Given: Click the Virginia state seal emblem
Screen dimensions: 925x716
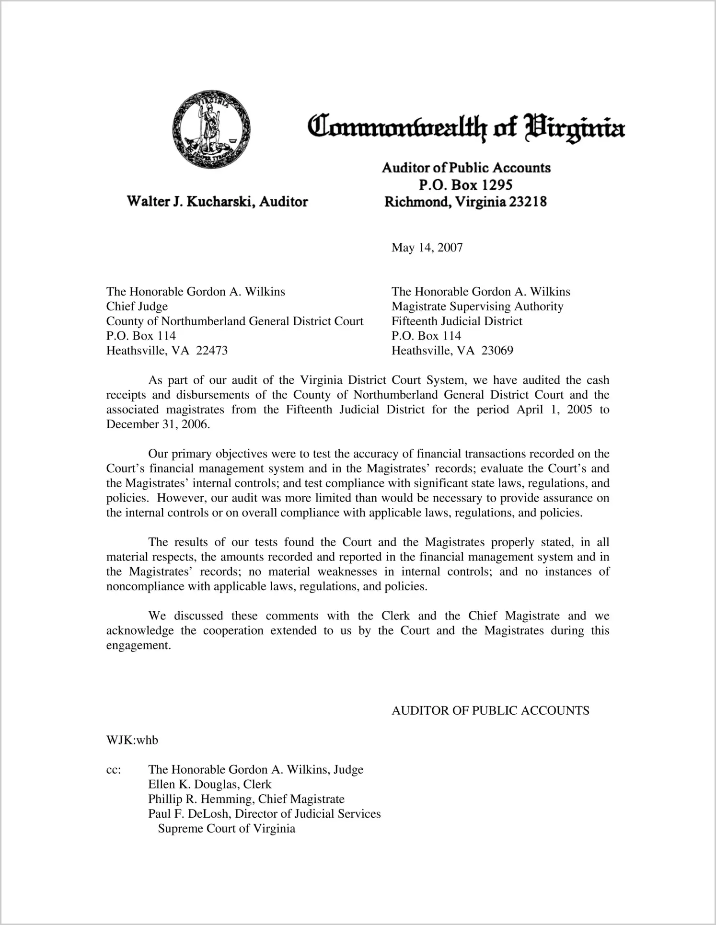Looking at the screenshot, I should click(x=211, y=128).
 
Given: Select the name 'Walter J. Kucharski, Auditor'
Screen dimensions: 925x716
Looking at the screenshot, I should click(x=217, y=202).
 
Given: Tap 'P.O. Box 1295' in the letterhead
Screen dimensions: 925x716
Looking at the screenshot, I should click(x=465, y=185).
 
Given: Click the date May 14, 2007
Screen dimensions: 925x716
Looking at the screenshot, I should click(x=427, y=248).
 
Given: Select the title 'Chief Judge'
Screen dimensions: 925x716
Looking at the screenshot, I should click(x=137, y=307).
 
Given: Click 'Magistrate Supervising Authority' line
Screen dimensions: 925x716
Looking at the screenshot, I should click(x=477, y=307).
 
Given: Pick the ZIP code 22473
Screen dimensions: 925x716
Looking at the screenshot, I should click(x=212, y=351).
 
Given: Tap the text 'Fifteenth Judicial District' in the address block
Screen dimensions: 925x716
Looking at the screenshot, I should click(x=457, y=321).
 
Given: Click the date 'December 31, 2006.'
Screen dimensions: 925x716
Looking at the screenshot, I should click(x=158, y=424).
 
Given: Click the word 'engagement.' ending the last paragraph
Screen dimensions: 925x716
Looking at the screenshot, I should click(x=139, y=645).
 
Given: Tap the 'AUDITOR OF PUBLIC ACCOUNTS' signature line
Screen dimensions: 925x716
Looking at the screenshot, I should click(x=490, y=711).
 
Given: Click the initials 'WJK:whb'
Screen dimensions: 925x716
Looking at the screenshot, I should click(x=132, y=740).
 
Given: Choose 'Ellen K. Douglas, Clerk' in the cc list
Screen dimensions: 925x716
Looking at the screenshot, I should click(x=210, y=785).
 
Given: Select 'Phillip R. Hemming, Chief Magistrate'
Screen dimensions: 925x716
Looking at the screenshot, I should click(x=246, y=799).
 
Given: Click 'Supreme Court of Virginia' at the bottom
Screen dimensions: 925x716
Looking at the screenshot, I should click(x=227, y=829).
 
